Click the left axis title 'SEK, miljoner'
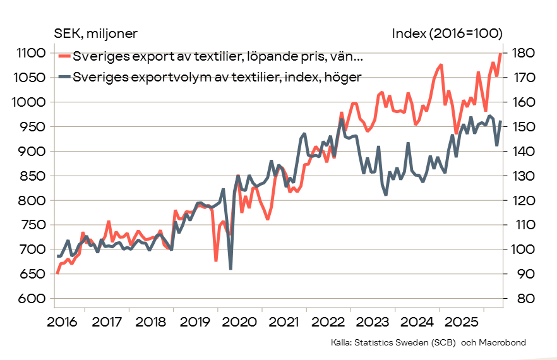[x=95, y=33]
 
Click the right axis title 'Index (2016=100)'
[x=447, y=33]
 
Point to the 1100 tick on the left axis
[x=32, y=53]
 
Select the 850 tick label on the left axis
[x=33, y=176]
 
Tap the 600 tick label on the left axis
[x=33, y=299]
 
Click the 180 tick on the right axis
[x=524, y=53]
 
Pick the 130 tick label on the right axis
[x=524, y=176]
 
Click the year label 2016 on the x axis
[x=62, y=322]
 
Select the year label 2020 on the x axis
[x=239, y=322]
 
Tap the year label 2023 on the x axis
[x=373, y=322]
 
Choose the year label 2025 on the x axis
[x=461, y=322]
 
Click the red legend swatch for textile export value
[x=64, y=56]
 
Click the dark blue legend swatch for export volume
[x=64, y=76]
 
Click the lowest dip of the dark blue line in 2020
[x=231, y=269]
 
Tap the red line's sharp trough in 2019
[x=215, y=260]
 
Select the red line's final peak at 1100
[x=501, y=54]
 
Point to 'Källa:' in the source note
[x=342, y=342]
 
